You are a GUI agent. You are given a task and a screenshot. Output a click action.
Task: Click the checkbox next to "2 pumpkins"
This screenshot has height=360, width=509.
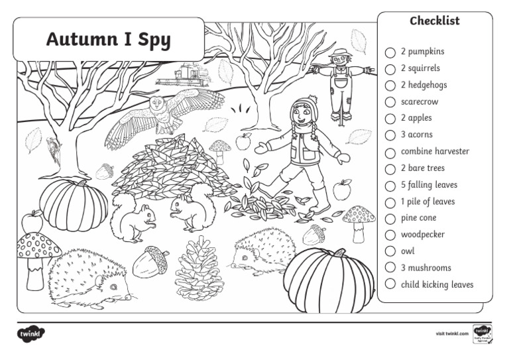[390, 52]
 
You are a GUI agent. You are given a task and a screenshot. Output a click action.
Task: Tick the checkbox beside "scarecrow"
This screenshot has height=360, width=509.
[390, 102]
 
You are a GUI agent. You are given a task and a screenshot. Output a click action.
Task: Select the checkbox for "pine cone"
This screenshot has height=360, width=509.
[390, 218]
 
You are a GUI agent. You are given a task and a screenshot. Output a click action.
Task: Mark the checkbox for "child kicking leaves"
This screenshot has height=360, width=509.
[390, 285]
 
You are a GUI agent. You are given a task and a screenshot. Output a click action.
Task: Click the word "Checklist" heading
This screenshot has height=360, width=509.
[434, 21]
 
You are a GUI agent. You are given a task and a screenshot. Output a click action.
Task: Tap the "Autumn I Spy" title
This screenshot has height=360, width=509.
[108, 40]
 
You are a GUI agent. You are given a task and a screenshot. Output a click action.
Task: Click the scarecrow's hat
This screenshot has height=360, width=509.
[341, 53]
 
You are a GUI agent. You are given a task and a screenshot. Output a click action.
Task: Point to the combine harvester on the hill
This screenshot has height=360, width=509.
[182, 74]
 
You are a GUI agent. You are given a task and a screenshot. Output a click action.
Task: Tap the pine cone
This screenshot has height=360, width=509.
[198, 268]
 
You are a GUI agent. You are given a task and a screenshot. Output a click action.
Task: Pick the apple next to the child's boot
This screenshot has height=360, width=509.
[342, 190]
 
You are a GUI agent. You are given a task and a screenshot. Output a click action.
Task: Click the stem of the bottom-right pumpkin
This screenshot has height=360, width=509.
[339, 253]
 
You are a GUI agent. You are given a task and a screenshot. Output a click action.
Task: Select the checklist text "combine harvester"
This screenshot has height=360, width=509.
[435, 151]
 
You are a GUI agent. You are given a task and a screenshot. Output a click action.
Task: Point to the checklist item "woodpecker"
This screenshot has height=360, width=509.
[423, 235]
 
